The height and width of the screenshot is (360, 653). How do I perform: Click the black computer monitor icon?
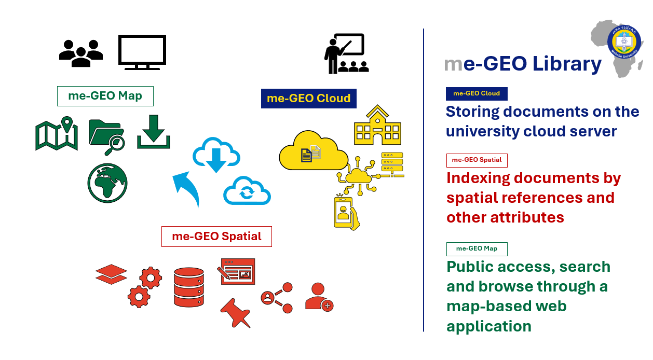click(x=142, y=51)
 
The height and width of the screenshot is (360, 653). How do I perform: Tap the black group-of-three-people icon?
click(x=81, y=53)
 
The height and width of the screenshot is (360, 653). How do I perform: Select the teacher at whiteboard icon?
click(x=346, y=53)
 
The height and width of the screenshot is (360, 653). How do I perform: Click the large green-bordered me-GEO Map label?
click(x=105, y=96)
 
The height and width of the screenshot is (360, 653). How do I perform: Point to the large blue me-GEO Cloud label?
click(x=308, y=98)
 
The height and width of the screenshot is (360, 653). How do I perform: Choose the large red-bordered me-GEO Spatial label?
click(x=216, y=237)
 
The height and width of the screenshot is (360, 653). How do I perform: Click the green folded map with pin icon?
click(x=57, y=133)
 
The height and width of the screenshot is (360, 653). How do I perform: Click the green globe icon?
click(x=107, y=183)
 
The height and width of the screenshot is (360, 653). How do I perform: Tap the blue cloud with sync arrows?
click(x=247, y=191)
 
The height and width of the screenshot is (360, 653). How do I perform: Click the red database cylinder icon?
click(x=189, y=287)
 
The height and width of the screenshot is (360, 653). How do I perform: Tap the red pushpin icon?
click(x=236, y=312)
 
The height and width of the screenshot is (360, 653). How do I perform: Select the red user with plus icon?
click(x=319, y=297)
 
